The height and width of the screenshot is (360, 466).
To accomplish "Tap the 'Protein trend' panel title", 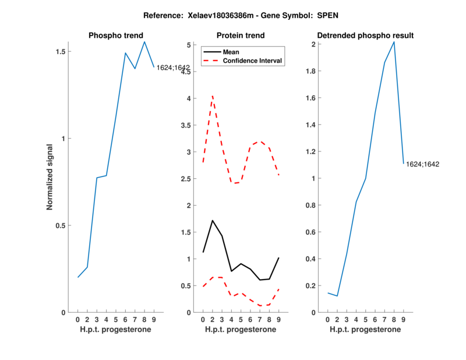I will pyautogui.click(x=240, y=36).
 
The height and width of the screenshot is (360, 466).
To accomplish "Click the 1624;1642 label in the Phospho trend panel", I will pyautogui.click(x=173, y=68).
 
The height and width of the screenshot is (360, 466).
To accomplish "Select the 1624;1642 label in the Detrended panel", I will pyautogui.click(x=422, y=164).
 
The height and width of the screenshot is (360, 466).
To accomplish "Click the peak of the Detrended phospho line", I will pyautogui.click(x=394, y=42).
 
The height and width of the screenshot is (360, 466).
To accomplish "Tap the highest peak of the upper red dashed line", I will pyautogui.click(x=213, y=96).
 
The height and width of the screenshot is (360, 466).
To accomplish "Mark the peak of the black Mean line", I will pyautogui.click(x=213, y=221).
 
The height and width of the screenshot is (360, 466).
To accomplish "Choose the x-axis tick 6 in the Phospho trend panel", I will pyautogui.click(x=125, y=319).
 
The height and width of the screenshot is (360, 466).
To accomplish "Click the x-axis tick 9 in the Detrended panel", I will pyautogui.click(x=404, y=319).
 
